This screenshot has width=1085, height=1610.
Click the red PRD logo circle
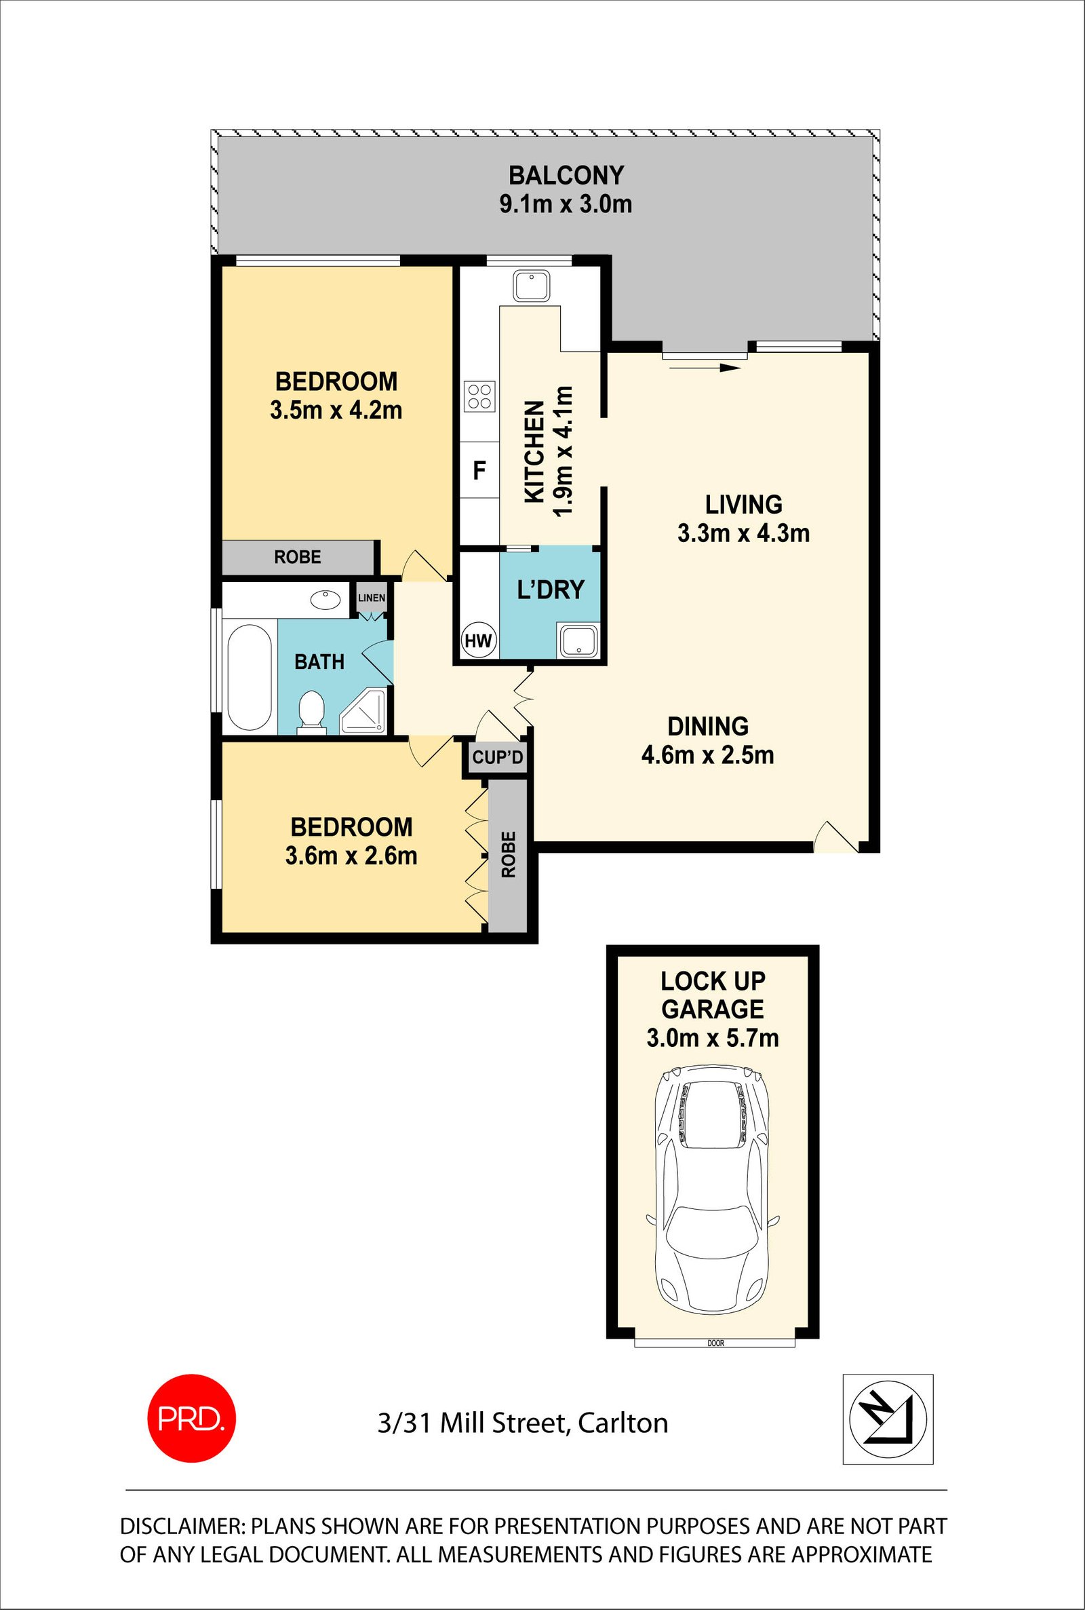192,1418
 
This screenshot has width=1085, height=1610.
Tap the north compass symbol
888,1419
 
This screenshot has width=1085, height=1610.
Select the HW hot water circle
478,640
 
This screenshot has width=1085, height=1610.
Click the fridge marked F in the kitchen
479,471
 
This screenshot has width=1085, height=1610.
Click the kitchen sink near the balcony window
532,285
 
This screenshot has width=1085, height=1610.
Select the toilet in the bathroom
311,711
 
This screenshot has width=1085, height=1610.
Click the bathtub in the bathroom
249,678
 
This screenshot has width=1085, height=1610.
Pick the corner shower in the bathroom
365,712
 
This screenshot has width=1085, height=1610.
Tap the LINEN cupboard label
372,597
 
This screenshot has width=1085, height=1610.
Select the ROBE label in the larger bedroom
298,556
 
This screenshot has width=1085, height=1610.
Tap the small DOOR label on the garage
715,1343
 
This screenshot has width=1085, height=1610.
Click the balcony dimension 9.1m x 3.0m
566,205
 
